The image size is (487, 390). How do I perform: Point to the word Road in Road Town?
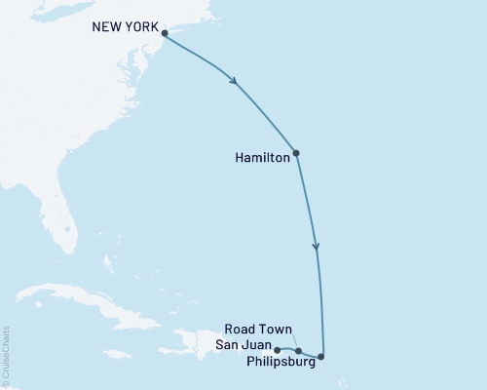(240, 330)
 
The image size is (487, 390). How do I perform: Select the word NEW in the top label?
(105, 27)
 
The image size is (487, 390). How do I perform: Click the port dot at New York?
(165, 34)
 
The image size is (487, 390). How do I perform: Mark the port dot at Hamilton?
(296, 153)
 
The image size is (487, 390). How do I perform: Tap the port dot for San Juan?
(278, 350)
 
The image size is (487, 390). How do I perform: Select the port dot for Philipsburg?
(321, 357)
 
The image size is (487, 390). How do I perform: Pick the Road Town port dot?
(298, 351)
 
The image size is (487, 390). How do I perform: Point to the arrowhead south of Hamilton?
(315, 248)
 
